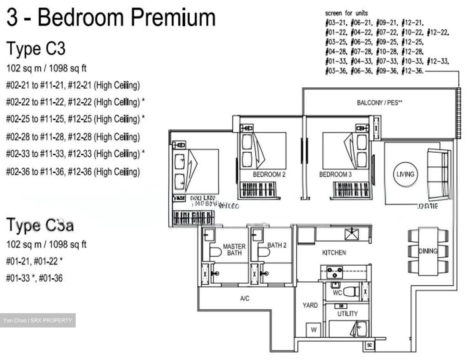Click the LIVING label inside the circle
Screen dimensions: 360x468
[405, 174]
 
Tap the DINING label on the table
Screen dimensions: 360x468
[428, 251]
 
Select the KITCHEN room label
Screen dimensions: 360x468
[334, 252]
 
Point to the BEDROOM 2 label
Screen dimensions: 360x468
[269, 174]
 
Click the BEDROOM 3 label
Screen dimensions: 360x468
[335, 174]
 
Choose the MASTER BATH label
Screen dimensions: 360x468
[234, 250]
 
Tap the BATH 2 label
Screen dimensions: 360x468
[277, 245]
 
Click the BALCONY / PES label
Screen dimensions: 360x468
[379, 103]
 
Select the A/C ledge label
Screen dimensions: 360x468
[245, 298]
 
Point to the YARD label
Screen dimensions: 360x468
[310, 305]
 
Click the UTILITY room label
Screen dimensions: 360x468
[347, 314]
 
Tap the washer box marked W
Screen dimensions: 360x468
[313, 330]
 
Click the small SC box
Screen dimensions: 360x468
[370, 345]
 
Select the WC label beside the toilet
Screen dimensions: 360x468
[337, 293]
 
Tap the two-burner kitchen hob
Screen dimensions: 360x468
[334, 270]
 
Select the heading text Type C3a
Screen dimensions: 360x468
[40, 225]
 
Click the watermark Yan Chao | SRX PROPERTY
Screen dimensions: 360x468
[38, 320]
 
